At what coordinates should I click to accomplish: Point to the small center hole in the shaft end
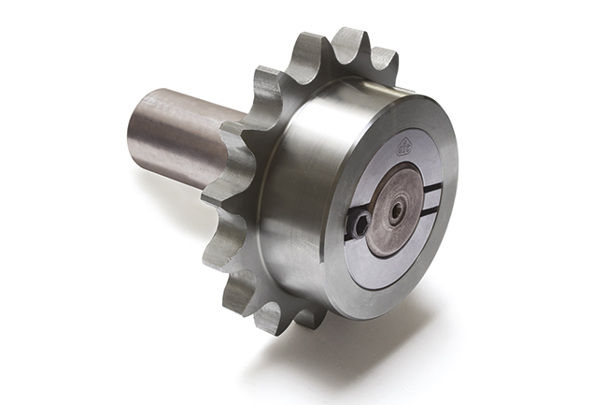[397, 210]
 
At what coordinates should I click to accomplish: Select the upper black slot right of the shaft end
[431, 191]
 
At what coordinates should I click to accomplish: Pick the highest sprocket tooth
[348, 44]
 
